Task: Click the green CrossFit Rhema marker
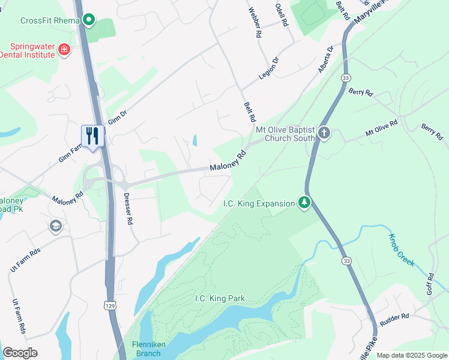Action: pos(89,20)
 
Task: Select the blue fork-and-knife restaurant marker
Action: pos(92,136)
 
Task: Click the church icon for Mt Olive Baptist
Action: pos(324,133)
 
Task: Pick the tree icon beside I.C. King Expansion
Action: pos(305,203)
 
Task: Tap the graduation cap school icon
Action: pos(56,226)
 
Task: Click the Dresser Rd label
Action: pos(128,209)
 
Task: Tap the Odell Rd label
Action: pos(281,14)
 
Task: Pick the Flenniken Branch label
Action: pos(146,349)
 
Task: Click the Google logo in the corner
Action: pos(20,353)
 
